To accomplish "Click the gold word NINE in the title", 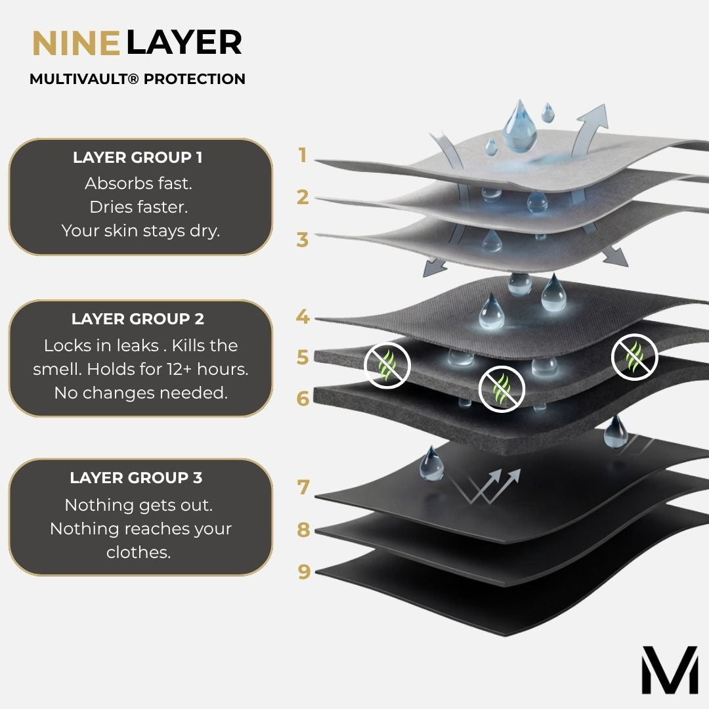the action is point(76,43).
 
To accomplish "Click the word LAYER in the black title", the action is point(184,43).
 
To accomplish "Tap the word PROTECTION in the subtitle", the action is point(194,79).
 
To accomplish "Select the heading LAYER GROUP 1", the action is point(137,158).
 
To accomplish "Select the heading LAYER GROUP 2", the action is point(137,319).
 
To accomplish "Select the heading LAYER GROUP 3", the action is point(136,477).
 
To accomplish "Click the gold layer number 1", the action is point(303,155).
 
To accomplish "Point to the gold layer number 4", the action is point(303,316).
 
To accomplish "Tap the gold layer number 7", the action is point(303,487).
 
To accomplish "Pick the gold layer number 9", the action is point(304,572).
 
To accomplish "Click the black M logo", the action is point(670,670).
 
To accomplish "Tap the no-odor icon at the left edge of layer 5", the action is point(387,365).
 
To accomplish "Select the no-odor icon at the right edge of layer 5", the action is point(634,356).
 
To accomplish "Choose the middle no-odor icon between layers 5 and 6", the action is point(502,389).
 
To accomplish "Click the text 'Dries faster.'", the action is point(139,207).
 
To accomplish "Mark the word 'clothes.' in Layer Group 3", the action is point(139,552).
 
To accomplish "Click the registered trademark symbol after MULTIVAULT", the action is point(133,79).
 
